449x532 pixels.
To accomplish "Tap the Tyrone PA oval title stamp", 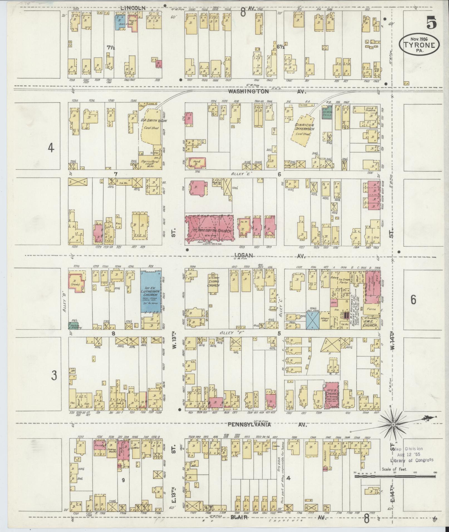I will [420, 44].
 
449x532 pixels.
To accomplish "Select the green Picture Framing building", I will [73, 326].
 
